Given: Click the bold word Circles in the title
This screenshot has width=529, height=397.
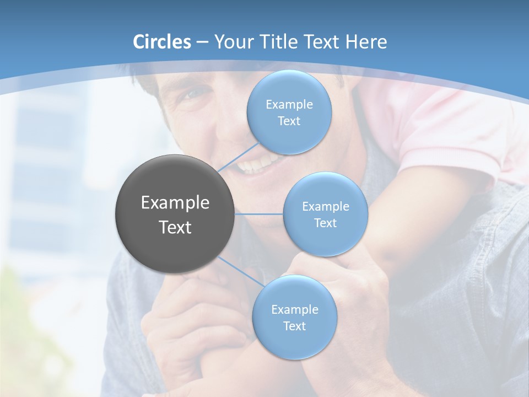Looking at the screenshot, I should click(x=161, y=42).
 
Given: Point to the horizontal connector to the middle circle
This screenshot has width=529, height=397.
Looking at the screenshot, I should click(x=259, y=214).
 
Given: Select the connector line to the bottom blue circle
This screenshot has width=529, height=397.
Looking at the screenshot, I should click(x=241, y=271).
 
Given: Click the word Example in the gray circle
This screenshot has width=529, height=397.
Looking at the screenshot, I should click(x=175, y=203).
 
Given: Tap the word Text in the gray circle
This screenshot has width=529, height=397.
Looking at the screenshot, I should click(x=175, y=227).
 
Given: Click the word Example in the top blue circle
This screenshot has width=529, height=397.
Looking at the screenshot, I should click(x=289, y=105).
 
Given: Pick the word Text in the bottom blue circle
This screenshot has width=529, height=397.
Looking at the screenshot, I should click(x=294, y=326).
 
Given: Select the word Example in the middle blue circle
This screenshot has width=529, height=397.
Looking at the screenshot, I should click(x=326, y=207).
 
